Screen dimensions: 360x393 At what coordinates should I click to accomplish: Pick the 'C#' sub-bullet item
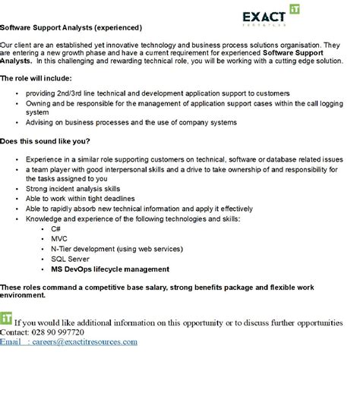click(x=55, y=228)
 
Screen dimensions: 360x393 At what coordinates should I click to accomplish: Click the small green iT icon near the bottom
click(x=7, y=316)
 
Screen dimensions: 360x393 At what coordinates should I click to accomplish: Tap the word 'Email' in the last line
click(x=11, y=341)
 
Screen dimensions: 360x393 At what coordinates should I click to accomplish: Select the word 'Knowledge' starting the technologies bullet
click(x=43, y=219)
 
